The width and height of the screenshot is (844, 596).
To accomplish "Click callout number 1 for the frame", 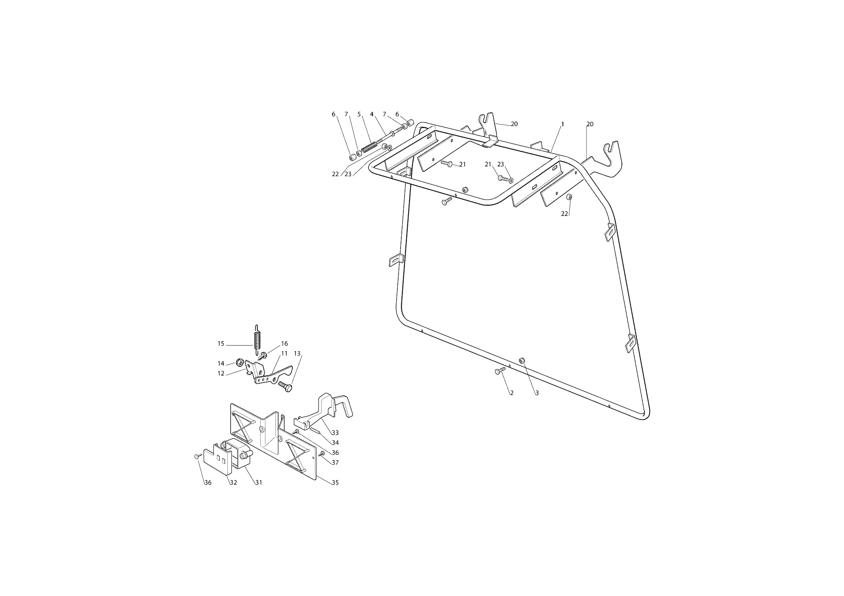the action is pos(562,124).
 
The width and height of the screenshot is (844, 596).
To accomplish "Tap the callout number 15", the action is pos(221,344).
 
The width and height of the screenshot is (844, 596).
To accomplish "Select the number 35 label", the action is pos(335,482).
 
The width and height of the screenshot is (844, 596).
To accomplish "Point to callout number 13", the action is pos(297,354).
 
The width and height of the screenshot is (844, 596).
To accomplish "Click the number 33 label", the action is pos(335,433).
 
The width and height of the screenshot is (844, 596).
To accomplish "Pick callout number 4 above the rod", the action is pos(372,114).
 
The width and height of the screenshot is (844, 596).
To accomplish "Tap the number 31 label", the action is pos(259,482).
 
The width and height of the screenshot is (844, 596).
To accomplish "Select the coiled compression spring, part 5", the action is pos(369,148).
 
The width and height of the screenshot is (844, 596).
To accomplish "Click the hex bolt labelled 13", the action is pos(285,386).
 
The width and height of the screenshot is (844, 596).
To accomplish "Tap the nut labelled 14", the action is pos(239,362).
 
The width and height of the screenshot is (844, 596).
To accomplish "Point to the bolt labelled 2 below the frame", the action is pos(500,371).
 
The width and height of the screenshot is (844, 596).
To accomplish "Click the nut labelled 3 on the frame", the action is pos(522,360).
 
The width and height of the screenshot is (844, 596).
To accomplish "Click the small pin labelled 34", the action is pos(314,431).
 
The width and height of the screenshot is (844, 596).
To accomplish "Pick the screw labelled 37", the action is pos(322,454).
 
